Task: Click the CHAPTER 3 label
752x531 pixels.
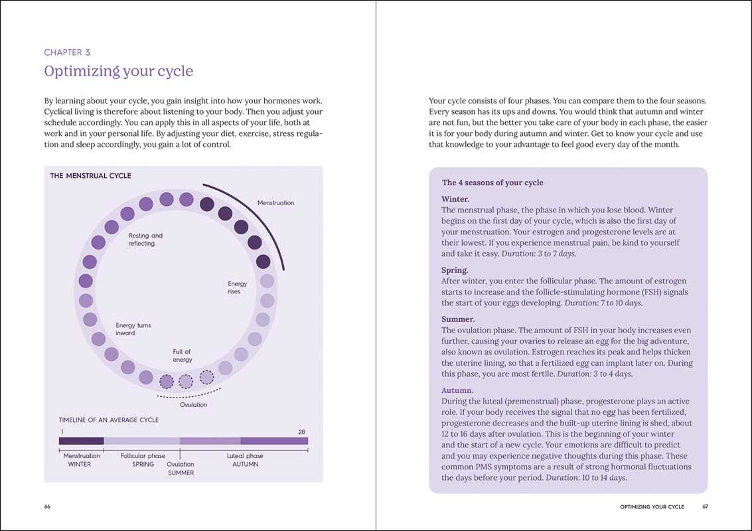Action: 67,52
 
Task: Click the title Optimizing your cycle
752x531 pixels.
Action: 118,71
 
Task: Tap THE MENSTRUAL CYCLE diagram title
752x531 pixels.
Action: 91,176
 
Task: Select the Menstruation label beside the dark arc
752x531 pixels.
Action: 275,203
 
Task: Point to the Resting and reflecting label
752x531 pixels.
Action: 145,240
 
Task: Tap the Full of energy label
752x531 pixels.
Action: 183,356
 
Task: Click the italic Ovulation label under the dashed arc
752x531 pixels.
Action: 194,405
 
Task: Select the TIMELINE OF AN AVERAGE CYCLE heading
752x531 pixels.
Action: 109,420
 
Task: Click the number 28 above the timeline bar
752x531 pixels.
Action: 302,432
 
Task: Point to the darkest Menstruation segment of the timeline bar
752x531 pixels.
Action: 82,441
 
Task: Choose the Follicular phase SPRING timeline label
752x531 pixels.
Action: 143,460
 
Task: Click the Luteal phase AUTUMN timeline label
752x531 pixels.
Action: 245,460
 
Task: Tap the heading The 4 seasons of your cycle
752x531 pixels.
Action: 492,183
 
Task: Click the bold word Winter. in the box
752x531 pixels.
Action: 455,199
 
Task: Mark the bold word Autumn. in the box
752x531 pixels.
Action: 458,391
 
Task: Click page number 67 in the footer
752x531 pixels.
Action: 706,506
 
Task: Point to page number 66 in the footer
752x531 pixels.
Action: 47,506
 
